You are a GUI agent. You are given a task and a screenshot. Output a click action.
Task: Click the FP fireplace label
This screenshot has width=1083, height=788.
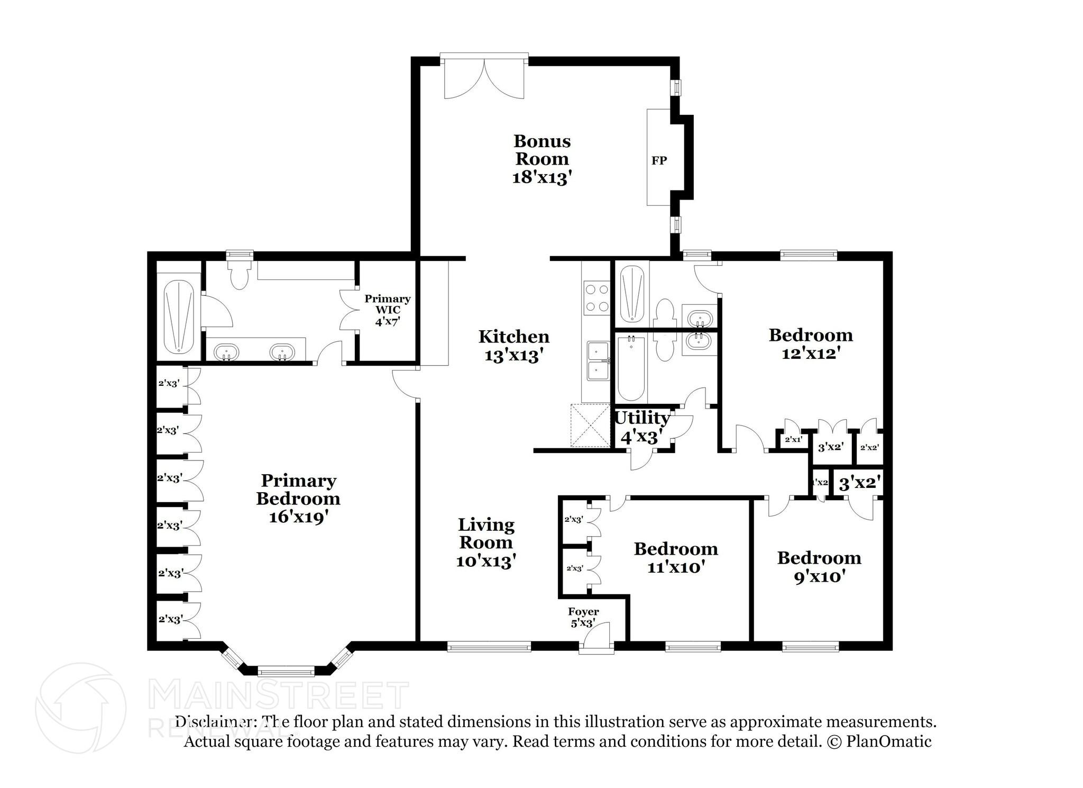[659, 160]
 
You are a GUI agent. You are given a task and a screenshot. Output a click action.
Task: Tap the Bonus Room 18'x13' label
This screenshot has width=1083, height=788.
[542, 159]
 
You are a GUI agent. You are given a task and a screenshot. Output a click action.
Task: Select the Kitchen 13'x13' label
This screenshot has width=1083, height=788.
[514, 346]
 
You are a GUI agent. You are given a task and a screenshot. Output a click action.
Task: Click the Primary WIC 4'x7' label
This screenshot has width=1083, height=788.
[387, 310]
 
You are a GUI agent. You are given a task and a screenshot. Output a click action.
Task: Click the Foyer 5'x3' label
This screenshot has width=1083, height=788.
[583, 617]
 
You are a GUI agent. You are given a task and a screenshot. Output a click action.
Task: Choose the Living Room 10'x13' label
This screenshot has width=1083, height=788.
[486, 543]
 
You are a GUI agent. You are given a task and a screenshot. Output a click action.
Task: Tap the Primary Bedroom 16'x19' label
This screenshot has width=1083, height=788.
[298, 499]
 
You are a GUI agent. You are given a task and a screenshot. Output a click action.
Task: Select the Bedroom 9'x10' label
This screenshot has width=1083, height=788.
[819, 566]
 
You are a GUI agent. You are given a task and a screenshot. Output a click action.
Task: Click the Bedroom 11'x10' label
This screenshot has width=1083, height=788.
[676, 558]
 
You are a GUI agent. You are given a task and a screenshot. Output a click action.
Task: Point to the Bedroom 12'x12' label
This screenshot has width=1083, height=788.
[811, 343]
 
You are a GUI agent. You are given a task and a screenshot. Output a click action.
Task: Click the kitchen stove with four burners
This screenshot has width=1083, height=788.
[596, 298]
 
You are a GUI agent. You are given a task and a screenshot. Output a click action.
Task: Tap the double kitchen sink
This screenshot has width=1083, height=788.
[598, 361]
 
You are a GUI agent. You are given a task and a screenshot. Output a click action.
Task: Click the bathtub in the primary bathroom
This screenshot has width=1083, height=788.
[179, 316]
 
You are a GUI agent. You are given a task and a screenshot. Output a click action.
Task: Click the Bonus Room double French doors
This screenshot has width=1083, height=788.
[484, 78]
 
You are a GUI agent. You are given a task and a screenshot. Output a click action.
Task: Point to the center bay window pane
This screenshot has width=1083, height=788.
[286, 672]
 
